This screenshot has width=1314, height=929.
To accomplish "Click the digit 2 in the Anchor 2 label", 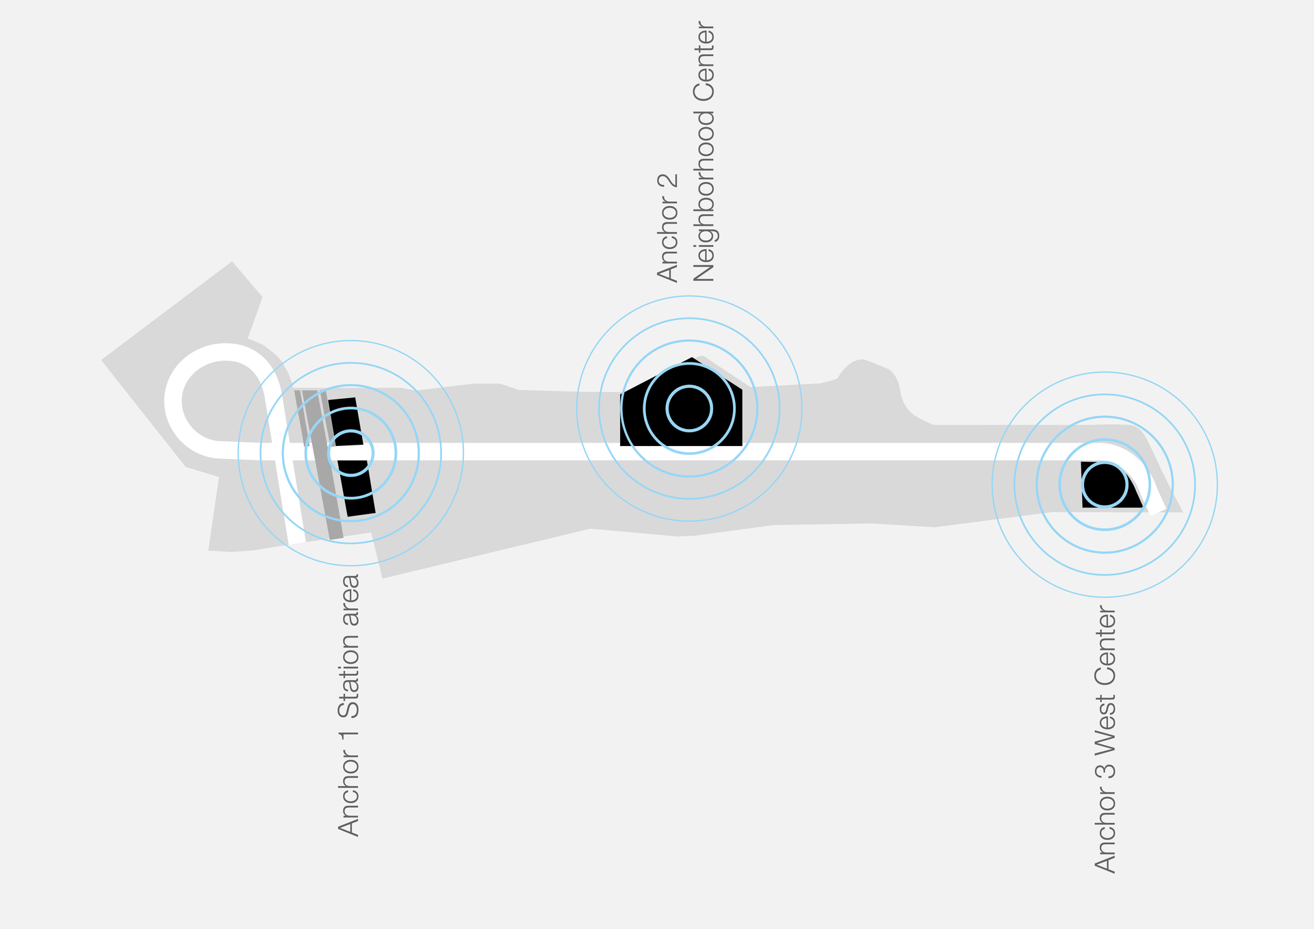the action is [667, 185].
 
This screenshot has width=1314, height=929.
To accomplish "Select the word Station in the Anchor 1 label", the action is [349, 677].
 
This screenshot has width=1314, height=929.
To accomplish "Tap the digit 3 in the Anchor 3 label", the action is [1105, 770].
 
